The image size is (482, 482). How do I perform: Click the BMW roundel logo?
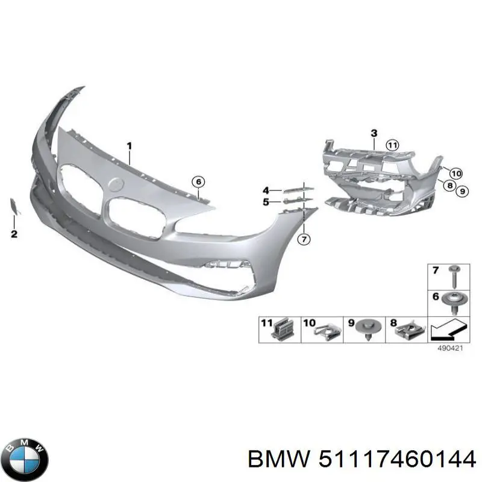(27, 459)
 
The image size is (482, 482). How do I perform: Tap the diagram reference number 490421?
(450, 348)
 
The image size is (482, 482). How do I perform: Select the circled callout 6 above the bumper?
(198, 182)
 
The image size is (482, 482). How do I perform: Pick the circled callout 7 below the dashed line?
(304, 239)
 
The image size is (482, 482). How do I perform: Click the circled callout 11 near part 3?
(392, 145)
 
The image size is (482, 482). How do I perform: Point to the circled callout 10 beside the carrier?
(456, 174)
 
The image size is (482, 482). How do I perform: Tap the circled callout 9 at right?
(462, 191)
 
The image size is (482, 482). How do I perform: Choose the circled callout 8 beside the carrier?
(449, 186)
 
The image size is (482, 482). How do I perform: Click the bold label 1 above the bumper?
(130, 146)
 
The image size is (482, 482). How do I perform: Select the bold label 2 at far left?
(14, 234)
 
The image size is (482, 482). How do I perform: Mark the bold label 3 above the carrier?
(374, 133)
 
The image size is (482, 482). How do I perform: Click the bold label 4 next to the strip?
(266, 190)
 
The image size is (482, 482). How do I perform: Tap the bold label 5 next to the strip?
(266, 202)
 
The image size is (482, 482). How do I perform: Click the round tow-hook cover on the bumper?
(116, 184)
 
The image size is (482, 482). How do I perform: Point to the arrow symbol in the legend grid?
(449, 330)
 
